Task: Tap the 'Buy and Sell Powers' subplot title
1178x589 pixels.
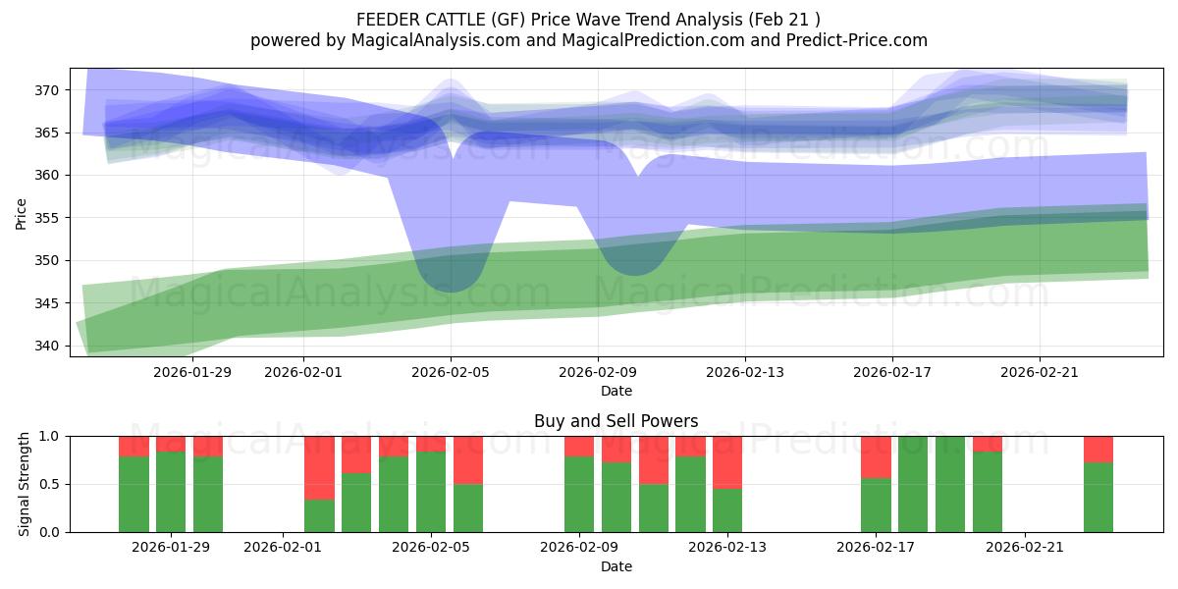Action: [x=616, y=421]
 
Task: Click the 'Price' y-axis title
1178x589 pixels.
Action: [x=21, y=212]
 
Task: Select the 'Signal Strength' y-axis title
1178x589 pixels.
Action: [x=24, y=484]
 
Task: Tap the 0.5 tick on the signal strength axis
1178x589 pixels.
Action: [x=49, y=484]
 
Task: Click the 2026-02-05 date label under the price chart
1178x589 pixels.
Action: [x=451, y=372]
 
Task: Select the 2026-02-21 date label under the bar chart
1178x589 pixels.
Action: [x=1024, y=548]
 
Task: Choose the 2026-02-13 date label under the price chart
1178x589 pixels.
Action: [x=745, y=372]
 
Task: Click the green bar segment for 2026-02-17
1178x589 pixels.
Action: [x=876, y=505]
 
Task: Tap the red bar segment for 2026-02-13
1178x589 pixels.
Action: [x=727, y=461]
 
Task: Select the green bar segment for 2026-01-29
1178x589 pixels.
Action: [x=171, y=491]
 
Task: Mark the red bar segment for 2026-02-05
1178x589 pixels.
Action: [x=431, y=444]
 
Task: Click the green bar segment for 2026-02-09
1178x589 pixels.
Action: [x=579, y=494]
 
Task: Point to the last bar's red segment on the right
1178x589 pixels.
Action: [x=1098, y=449]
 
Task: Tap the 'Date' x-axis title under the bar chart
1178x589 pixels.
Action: [x=616, y=566]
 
